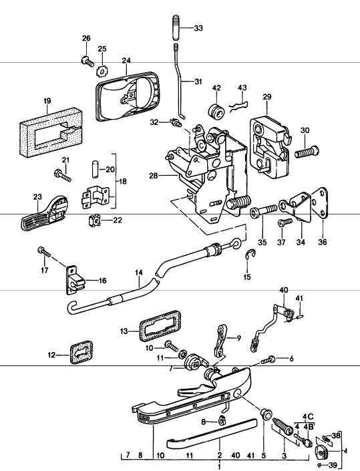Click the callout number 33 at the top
click(x=198, y=28)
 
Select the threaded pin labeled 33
click(x=176, y=27)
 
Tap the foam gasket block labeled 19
click(x=51, y=132)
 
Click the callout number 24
click(x=126, y=60)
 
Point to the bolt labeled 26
click(x=87, y=61)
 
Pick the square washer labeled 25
click(x=102, y=71)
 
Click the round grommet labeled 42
click(x=217, y=112)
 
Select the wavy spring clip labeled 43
click(x=238, y=106)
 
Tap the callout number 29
click(x=266, y=97)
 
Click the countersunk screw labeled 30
click(x=307, y=152)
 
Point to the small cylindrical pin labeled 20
click(x=95, y=170)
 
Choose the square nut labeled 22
click(x=94, y=221)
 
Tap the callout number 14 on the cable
click(x=139, y=273)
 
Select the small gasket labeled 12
click(x=81, y=351)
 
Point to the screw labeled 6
click(x=268, y=360)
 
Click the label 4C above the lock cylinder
click(x=308, y=418)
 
